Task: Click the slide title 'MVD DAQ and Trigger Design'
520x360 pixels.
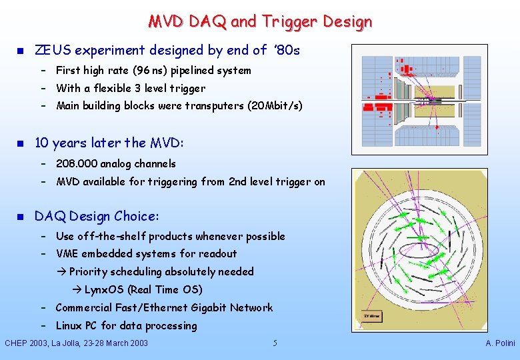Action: [260, 21]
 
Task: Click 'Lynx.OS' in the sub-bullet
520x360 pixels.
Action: [103, 289]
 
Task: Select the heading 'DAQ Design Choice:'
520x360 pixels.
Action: [97, 216]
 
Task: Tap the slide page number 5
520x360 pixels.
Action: [275, 343]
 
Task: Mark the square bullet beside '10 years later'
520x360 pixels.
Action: [20, 143]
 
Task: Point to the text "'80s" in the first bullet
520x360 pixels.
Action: [287, 50]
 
